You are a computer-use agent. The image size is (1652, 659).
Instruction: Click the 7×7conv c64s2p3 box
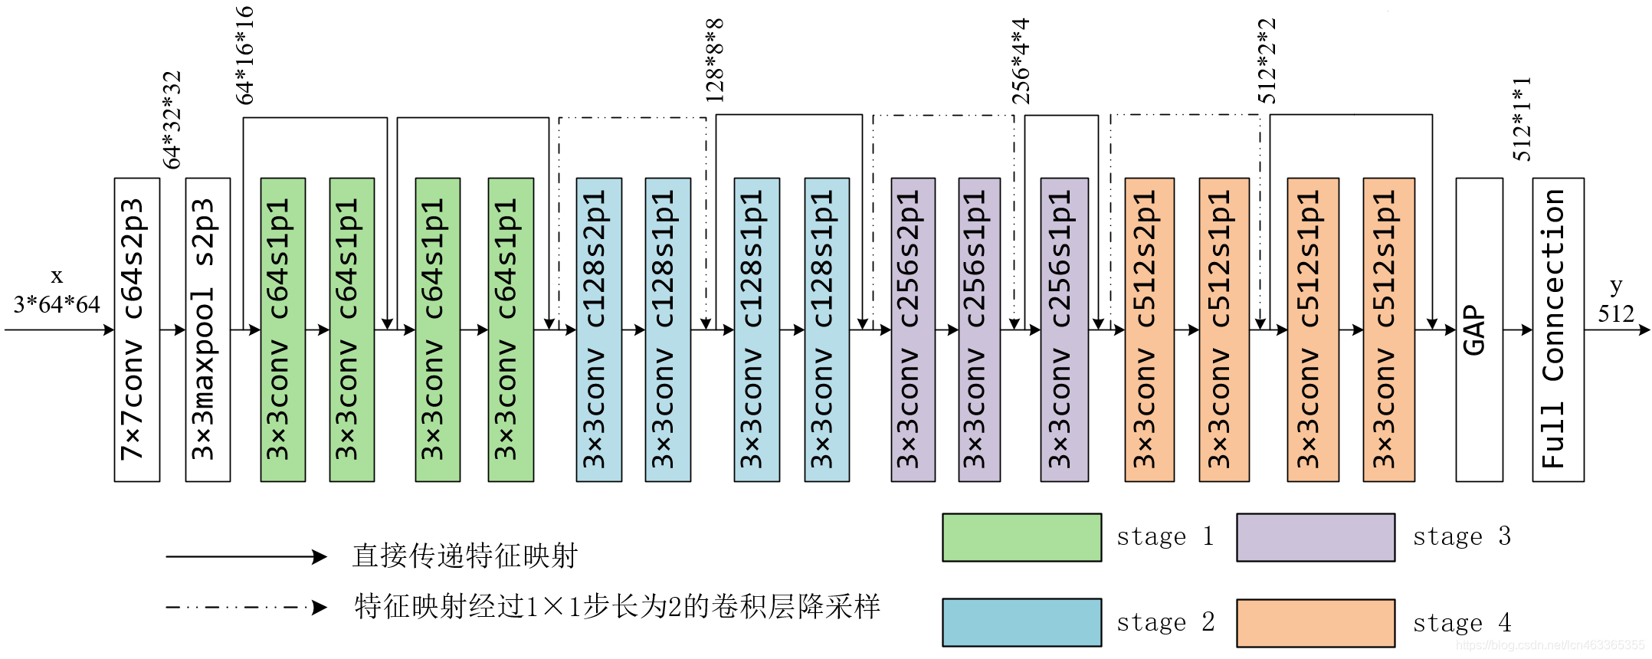click(137, 329)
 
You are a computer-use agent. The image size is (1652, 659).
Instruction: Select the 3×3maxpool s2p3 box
click(208, 329)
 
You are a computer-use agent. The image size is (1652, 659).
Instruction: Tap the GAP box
click(1479, 329)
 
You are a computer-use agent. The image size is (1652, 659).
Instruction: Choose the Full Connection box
click(1558, 329)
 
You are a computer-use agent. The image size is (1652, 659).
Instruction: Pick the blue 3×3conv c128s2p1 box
click(598, 329)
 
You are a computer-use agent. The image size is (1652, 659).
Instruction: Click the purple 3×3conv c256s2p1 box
click(913, 329)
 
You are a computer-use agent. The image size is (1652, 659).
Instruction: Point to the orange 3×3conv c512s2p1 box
click(1149, 329)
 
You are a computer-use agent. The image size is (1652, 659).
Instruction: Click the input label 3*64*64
click(57, 305)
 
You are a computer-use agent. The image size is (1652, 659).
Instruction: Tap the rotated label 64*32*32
click(172, 120)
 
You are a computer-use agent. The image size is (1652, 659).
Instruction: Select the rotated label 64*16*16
click(244, 55)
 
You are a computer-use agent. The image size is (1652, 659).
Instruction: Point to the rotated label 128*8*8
click(714, 61)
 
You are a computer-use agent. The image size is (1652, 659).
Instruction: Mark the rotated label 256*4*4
click(1021, 61)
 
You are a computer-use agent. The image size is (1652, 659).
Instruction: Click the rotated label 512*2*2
click(1267, 61)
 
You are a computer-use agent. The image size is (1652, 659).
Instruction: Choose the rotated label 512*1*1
click(1522, 119)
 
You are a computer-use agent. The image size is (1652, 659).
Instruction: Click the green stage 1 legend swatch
click(1021, 537)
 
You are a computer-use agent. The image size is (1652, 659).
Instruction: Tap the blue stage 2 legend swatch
click(1021, 622)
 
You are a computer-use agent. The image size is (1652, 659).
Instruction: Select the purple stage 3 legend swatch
click(1316, 537)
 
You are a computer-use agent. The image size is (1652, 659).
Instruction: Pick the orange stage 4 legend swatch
click(1316, 623)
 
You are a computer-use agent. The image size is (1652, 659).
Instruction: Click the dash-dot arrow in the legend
click(246, 608)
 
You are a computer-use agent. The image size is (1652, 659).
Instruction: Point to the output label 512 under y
click(1616, 313)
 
